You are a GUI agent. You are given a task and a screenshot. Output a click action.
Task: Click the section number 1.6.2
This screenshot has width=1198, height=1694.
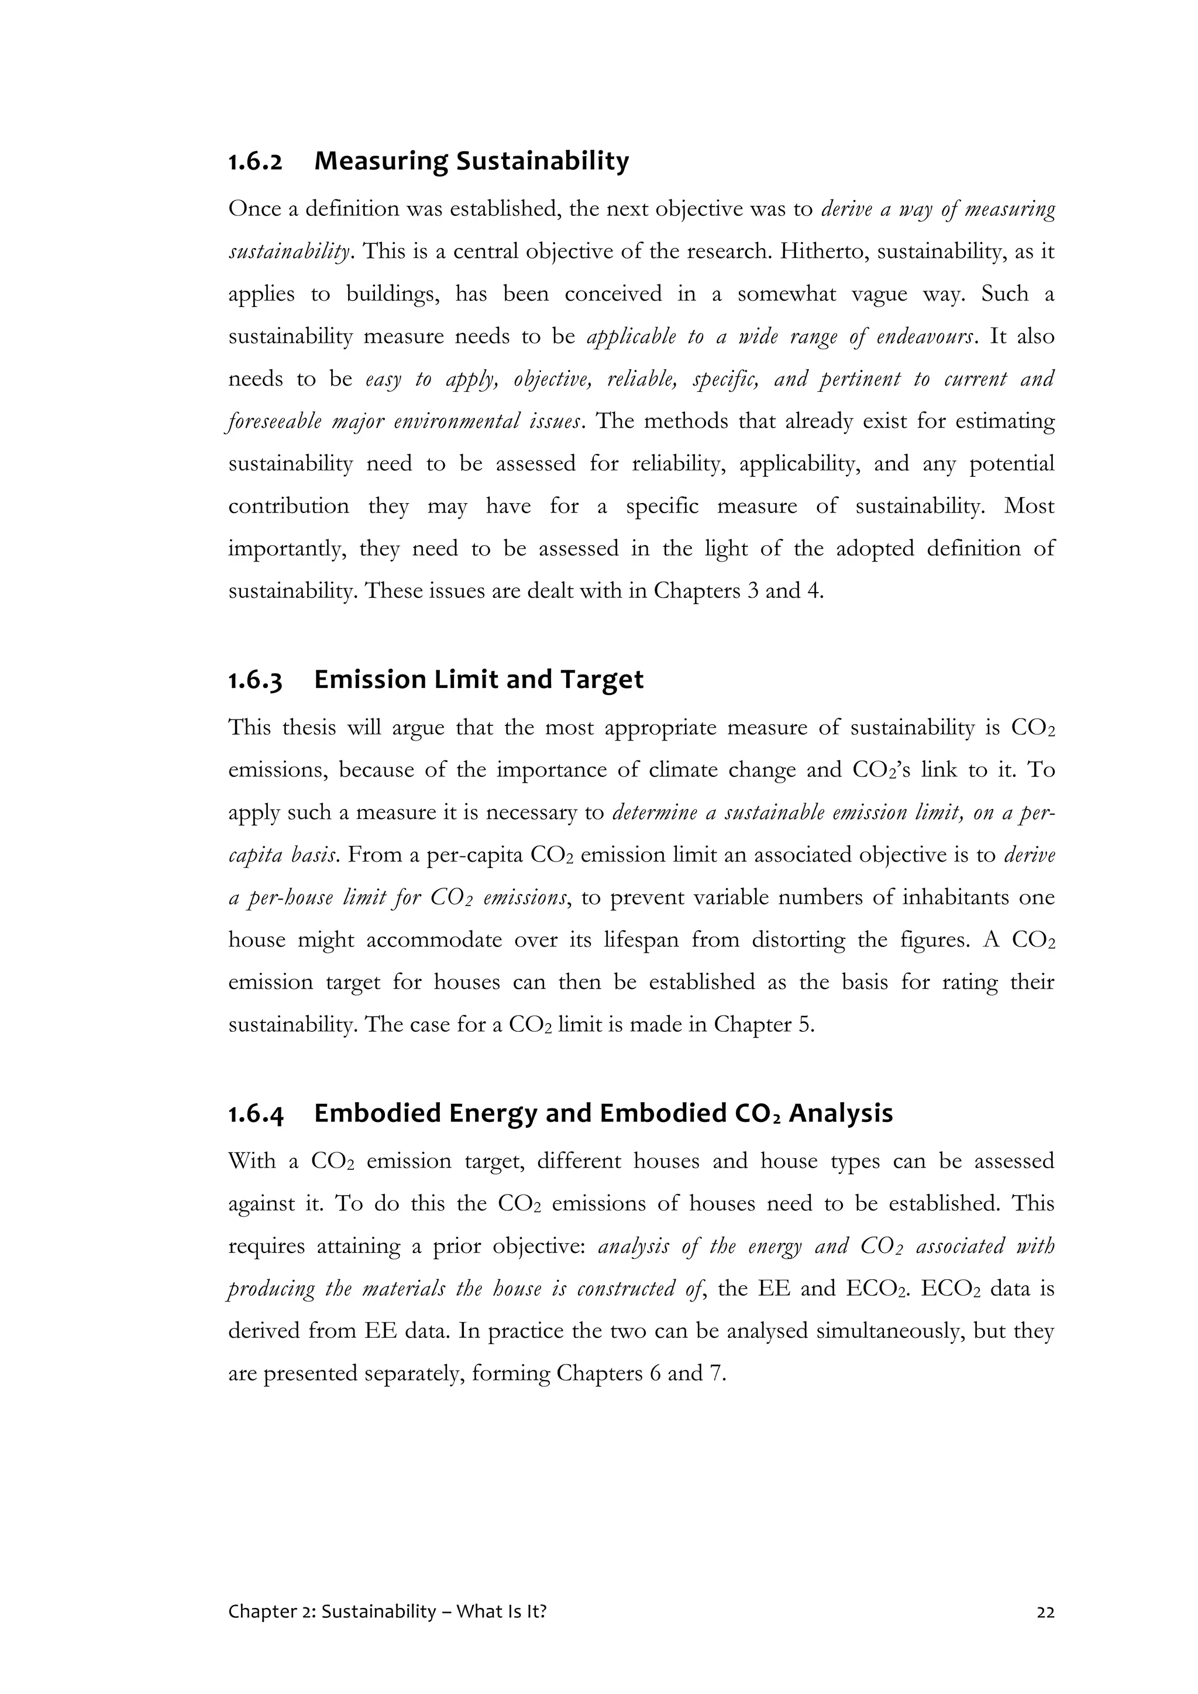(x=255, y=161)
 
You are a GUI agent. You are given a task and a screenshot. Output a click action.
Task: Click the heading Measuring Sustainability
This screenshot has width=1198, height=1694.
(x=471, y=161)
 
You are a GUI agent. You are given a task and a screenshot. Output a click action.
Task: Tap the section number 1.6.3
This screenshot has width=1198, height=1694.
(x=255, y=680)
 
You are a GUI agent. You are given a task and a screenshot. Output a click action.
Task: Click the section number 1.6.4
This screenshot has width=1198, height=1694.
(x=255, y=1113)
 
